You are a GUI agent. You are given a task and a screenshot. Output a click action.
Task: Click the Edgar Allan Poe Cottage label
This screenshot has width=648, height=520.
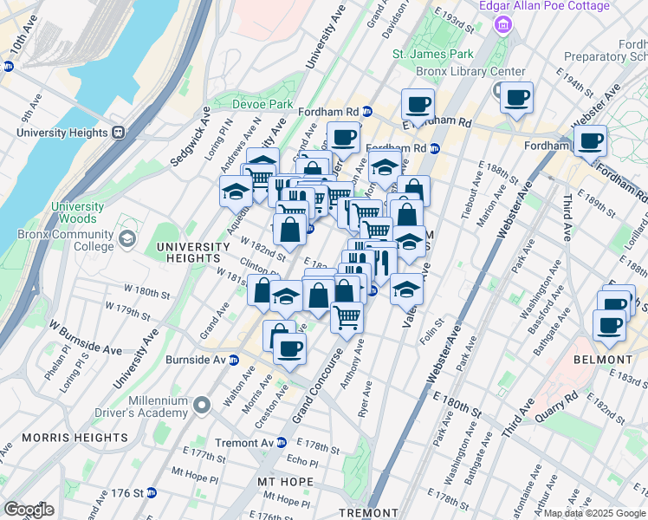pyautogui.click(x=545, y=6)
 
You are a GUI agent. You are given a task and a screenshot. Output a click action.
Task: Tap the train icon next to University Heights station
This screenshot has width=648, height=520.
pyautogui.click(x=119, y=133)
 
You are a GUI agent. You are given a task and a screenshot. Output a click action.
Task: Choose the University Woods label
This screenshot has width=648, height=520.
pyautogui.click(x=77, y=213)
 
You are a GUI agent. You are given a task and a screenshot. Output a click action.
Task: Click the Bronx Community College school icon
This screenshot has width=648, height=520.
pyautogui.click(x=127, y=238)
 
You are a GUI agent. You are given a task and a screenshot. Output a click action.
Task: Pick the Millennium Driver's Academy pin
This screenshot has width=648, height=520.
pyautogui.click(x=202, y=405)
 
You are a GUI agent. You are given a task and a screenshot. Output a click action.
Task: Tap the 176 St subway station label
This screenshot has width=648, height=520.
pyautogui.click(x=126, y=493)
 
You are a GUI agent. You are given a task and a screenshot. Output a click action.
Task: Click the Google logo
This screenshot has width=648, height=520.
pyautogui.click(x=29, y=509)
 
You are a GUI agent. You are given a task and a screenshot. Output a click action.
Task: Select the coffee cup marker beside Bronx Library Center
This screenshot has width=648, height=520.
pyautogui.click(x=517, y=99)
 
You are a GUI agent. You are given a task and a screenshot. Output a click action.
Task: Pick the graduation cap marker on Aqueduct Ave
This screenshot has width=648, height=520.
pyautogui.click(x=236, y=189)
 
